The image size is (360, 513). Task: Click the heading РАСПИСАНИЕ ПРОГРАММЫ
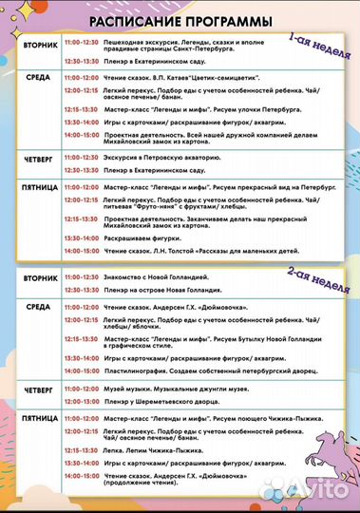tap(180, 21)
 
